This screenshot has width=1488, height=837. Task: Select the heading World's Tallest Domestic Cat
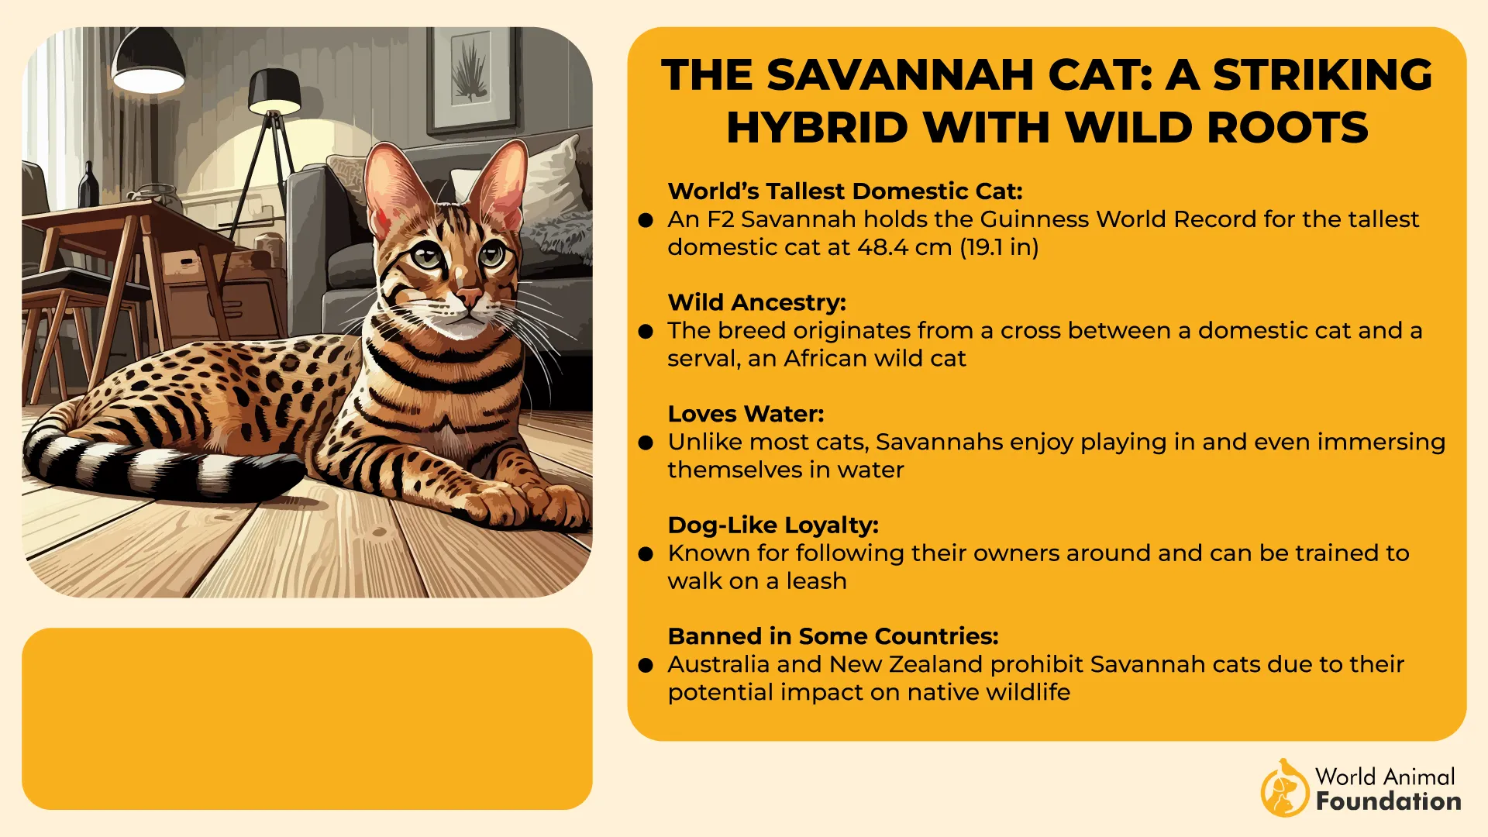tap(845, 191)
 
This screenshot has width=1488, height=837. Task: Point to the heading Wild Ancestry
tap(756, 302)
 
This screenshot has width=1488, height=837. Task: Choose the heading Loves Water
tap(746, 414)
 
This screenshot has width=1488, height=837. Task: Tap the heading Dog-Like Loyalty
tap(773, 525)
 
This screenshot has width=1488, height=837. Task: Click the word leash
tap(816, 581)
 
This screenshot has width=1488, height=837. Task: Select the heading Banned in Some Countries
tap(832, 636)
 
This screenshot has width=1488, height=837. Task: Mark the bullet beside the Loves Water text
tap(646, 443)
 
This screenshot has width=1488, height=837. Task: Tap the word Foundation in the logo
tap(1388, 801)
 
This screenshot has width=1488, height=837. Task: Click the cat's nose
tap(468, 296)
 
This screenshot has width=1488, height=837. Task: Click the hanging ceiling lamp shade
tap(148, 62)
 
